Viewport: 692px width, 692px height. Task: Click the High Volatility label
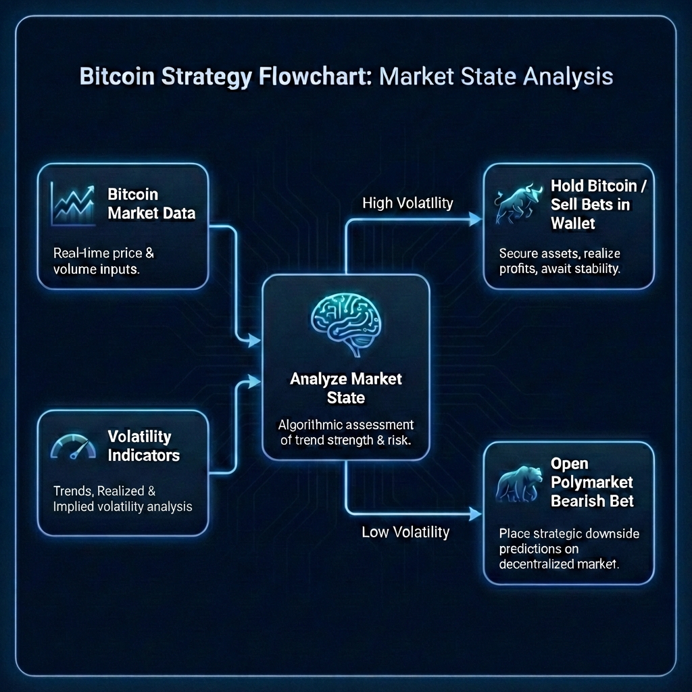407,203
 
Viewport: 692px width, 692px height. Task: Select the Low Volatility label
405,532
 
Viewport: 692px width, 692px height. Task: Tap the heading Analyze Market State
345,388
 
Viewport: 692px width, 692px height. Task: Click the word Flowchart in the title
313,76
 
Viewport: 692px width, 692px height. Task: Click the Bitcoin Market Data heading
151,203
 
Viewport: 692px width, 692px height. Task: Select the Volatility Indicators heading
143,446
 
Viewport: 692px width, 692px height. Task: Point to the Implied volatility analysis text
122,506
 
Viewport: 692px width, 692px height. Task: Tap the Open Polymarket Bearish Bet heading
592,483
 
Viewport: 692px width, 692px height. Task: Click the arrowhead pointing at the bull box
475,219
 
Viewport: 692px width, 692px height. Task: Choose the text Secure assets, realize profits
560,261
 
